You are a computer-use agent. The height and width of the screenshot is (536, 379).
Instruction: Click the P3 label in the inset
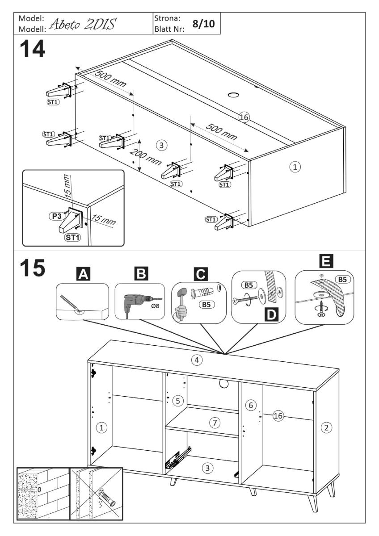pyautogui.click(x=55, y=215)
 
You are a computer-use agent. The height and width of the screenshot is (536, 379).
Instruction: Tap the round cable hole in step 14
pyautogui.click(x=234, y=95)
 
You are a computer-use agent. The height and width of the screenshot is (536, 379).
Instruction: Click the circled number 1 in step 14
pyautogui.click(x=294, y=167)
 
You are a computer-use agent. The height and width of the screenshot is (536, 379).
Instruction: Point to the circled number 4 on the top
pyautogui.click(x=195, y=360)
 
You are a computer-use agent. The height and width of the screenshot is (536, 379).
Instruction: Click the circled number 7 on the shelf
pyautogui.click(x=215, y=422)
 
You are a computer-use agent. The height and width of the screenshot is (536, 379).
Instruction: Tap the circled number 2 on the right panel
pyautogui.click(x=327, y=427)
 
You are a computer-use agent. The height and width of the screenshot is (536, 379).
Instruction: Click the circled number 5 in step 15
pyautogui.click(x=178, y=401)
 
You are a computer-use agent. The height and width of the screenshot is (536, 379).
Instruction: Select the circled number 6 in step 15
pyautogui.click(x=251, y=405)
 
